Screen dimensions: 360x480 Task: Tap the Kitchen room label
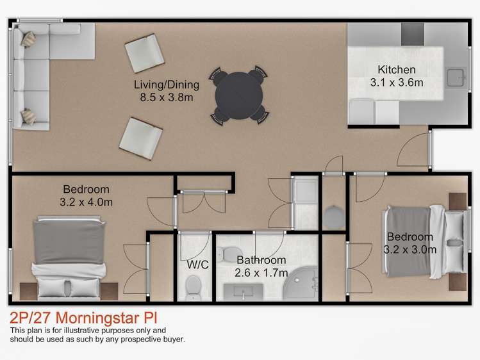396,70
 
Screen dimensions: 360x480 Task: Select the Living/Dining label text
167,85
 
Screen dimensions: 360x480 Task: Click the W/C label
195,264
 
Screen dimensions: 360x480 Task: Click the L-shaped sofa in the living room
38,70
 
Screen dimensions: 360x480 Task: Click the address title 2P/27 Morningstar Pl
83,318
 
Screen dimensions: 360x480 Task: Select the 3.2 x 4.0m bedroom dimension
86,202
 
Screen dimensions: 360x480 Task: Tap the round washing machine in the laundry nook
334,217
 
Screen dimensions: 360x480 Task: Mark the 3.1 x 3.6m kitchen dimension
397,83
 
